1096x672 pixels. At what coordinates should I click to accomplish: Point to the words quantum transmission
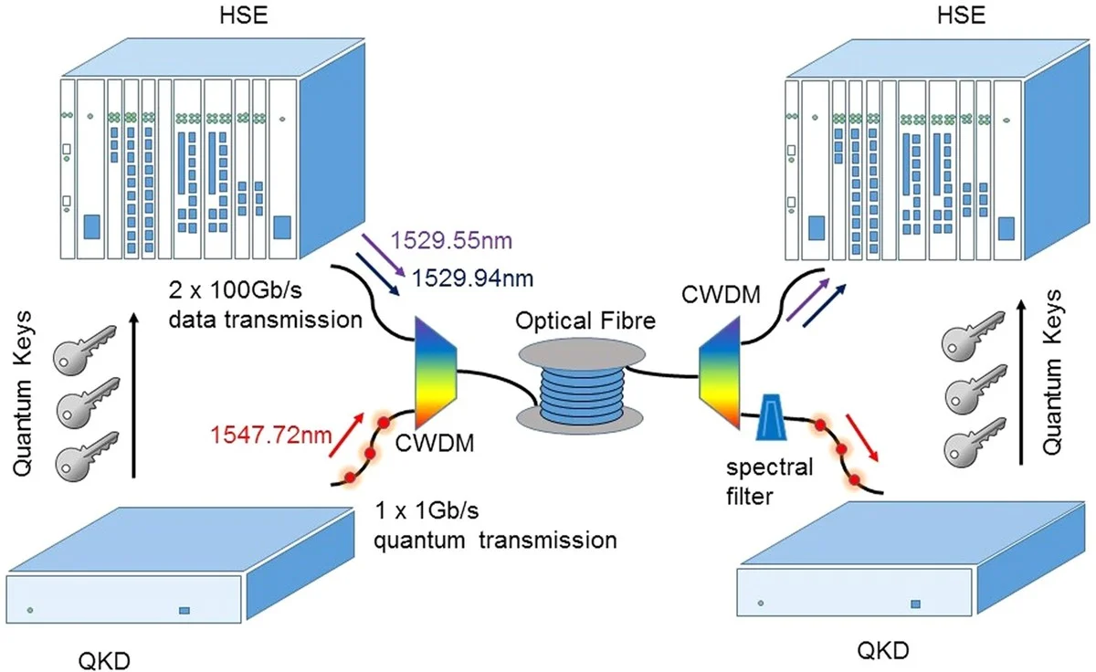tap(496, 539)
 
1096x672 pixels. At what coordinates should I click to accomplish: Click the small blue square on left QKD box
tap(184, 610)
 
